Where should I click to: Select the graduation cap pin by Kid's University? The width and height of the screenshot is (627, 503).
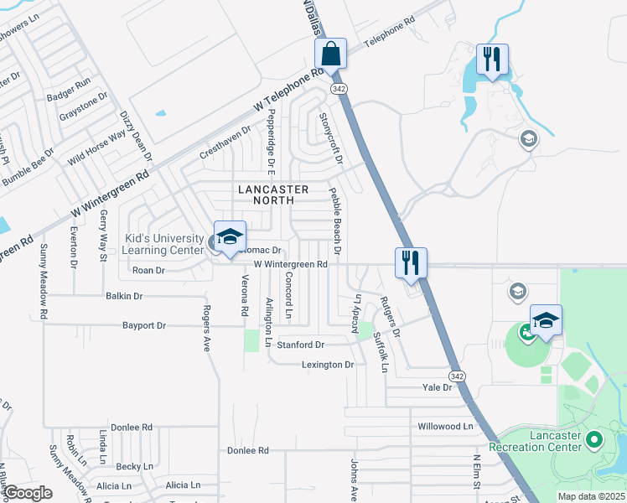point(229,237)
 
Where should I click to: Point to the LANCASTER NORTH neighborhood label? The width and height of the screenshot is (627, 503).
point(273,194)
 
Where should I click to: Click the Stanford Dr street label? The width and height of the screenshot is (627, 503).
point(301,345)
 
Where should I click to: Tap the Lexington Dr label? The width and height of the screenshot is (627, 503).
point(328,365)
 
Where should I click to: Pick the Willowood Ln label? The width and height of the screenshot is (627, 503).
point(446,426)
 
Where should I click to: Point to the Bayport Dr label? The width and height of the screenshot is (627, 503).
point(144,325)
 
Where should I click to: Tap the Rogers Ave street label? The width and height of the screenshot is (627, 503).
point(205,328)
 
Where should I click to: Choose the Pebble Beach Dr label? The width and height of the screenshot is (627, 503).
point(335,221)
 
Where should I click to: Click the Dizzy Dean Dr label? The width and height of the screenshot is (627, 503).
point(136,136)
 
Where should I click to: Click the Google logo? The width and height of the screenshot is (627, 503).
point(29,493)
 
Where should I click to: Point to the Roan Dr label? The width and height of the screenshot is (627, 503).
point(149,271)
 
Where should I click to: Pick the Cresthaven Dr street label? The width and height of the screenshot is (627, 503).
point(225,143)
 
